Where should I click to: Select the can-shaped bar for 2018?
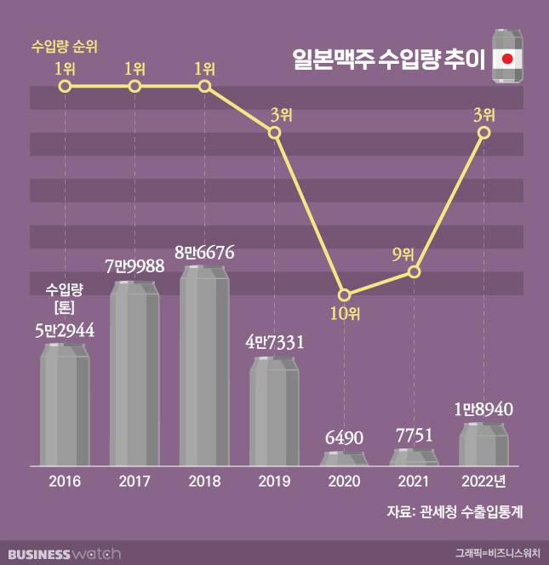[204, 366]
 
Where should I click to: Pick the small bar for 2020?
[344, 459]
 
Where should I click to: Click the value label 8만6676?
[204, 253]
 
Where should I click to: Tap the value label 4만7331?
[274, 343]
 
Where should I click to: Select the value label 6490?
[344, 438]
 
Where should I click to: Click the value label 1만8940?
[483, 409]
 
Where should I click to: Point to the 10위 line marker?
[344, 295]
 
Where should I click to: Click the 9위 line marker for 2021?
[414, 271]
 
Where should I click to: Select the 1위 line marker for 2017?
[134, 87]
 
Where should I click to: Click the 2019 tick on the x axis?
[274, 482]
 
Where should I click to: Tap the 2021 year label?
[414, 482]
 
